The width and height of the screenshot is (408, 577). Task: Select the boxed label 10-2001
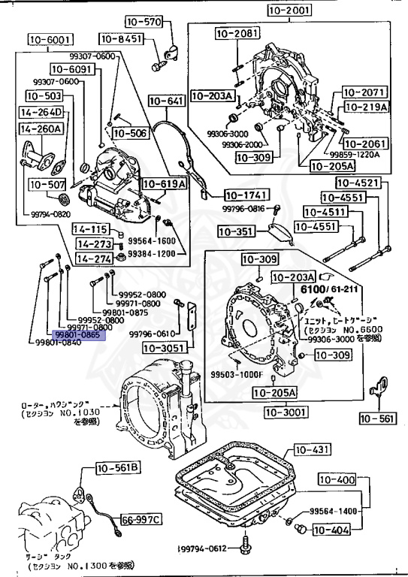(289, 11)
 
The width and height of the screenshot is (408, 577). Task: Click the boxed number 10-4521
(357, 183)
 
